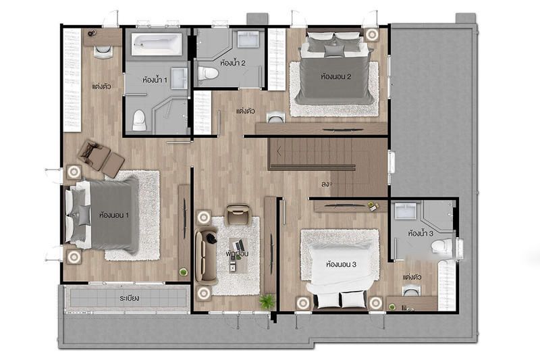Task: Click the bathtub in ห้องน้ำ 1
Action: (157, 45)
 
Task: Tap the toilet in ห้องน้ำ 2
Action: (208, 73)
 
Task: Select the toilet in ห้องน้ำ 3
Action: (442, 246)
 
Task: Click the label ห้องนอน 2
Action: (335, 76)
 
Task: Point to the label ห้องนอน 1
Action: (114, 215)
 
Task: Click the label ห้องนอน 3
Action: (341, 265)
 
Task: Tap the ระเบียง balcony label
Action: (130, 298)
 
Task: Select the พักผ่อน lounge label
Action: (237, 254)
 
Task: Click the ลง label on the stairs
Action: (325, 184)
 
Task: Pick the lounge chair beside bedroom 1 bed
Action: (101, 159)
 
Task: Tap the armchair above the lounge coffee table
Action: (238, 214)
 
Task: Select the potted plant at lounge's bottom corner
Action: (267, 302)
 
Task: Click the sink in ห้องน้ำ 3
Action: (406, 211)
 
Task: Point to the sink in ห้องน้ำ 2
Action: (248, 39)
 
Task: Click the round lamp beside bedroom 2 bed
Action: (371, 34)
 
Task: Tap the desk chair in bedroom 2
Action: (275, 118)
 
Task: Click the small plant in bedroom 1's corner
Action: (184, 272)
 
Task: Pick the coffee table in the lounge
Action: (238, 255)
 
